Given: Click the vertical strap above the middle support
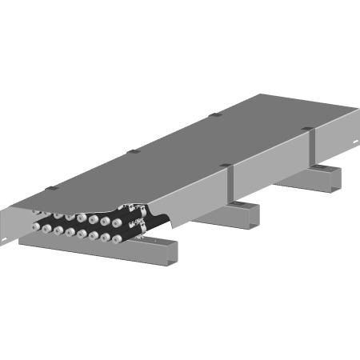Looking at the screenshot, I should click(x=228, y=185).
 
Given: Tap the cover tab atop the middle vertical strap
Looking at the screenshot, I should click(x=226, y=166).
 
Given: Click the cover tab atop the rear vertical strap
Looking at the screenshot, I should click(x=308, y=128).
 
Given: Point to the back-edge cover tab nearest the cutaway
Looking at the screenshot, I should click(x=52, y=189).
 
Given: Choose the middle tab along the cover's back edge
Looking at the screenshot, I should click(x=134, y=150).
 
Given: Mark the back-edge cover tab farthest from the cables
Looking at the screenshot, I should click(x=214, y=115).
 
